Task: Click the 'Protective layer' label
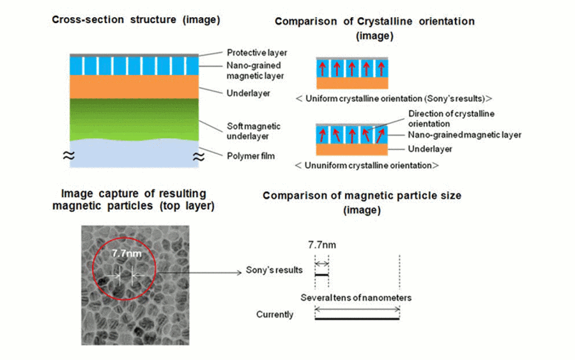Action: (x=257, y=53)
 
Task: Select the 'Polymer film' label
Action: (x=251, y=156)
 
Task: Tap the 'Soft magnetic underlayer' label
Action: (x=254, y=131)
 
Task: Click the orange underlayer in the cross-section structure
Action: (x=134, y=86)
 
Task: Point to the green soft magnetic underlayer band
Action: (x=134, y=120)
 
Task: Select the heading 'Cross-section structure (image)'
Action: (x=136, y=19)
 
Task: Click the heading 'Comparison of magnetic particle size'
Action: (x=362, y=196)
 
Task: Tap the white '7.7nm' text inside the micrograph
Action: (x=126, y=254)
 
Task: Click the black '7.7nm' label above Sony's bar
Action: (x=322, y=245)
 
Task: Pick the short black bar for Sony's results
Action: (x=321, y=275)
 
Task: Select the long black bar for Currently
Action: (x=357, y=318)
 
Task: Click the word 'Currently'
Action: (x=275, y=315)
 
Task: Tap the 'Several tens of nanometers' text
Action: (x=356, y=297)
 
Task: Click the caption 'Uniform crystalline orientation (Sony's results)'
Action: (x=394, y=98)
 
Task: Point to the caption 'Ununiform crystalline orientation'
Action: (x=367, y=166)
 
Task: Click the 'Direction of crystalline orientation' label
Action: (x=452, y=118)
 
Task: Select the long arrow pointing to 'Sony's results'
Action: (x=199, y=272)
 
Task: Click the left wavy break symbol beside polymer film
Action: (x=68, y=155)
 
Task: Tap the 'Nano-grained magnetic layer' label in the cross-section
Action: (x=255, y=70)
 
